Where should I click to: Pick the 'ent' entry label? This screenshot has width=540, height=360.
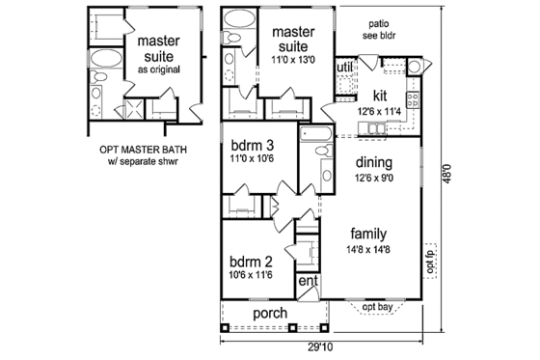[308, 281]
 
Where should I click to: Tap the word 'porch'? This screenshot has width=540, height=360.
[272, 314]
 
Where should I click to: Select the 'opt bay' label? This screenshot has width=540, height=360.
[379, 307]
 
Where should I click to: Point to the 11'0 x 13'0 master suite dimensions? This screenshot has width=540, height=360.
[291, 59]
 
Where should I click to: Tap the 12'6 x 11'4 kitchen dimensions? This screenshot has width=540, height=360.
[381, 111]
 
